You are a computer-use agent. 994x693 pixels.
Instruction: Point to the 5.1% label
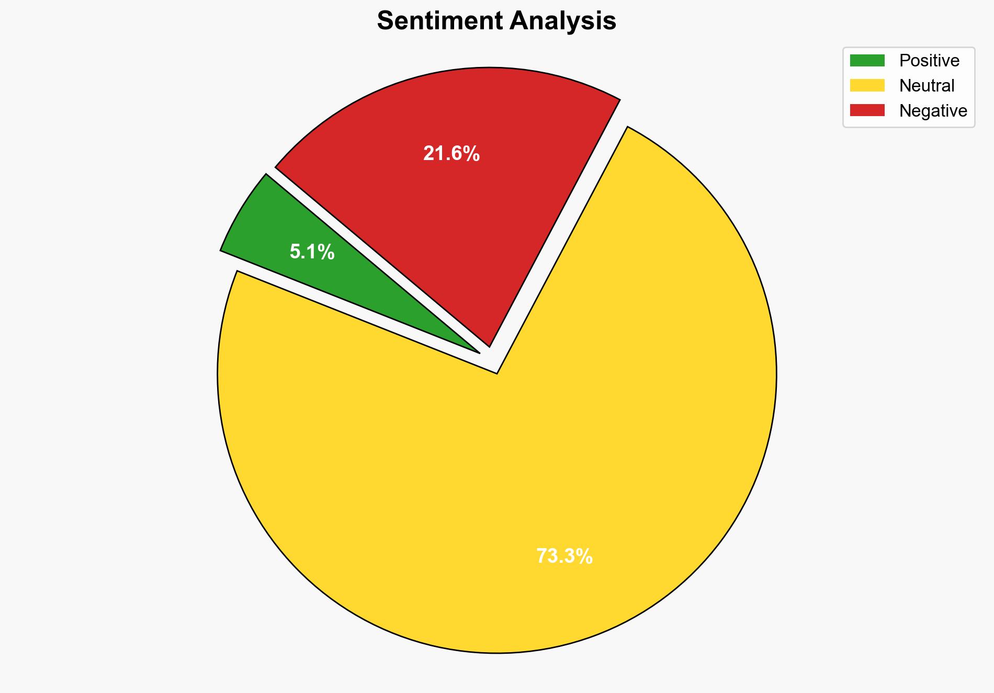(312, 252)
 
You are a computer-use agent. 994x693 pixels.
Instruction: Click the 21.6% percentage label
(451, 154)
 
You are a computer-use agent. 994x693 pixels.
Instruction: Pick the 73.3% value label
(564, 556)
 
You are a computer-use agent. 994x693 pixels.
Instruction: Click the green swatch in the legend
(867, 61)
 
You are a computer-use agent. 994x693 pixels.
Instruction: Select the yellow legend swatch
(867, 85)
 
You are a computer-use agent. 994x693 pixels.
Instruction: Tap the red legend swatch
(867, 110)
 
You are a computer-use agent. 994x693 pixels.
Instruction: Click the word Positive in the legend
(929, 61)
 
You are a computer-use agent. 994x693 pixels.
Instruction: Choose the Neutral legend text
(927, 85)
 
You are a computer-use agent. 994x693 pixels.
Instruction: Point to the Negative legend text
(933, 110)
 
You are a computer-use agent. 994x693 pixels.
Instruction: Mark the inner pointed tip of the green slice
(479, 353)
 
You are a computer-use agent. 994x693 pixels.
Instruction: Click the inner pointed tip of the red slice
(489, 346)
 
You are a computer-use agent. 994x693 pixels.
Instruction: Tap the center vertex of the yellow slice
(496, 373)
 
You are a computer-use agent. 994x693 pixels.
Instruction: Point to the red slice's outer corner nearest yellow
(620, 99)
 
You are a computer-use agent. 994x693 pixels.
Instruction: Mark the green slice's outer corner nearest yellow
(221, 251)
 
